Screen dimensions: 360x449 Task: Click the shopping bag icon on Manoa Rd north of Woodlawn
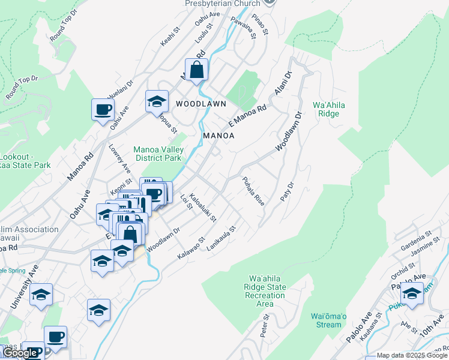[196, 70]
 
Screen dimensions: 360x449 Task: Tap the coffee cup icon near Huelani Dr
[103, 109]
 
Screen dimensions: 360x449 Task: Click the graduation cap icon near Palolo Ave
[412, 293]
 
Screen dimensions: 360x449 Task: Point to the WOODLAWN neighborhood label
[201, 104]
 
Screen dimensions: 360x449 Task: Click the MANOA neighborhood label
[218, 136]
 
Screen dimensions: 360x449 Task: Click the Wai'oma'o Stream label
[329, 320]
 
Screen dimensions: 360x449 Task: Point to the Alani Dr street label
[283, 83]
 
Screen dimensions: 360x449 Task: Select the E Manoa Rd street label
[247, 116]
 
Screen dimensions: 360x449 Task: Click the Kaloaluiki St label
[202, 208]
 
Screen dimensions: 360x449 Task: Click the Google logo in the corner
[20, 353]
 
